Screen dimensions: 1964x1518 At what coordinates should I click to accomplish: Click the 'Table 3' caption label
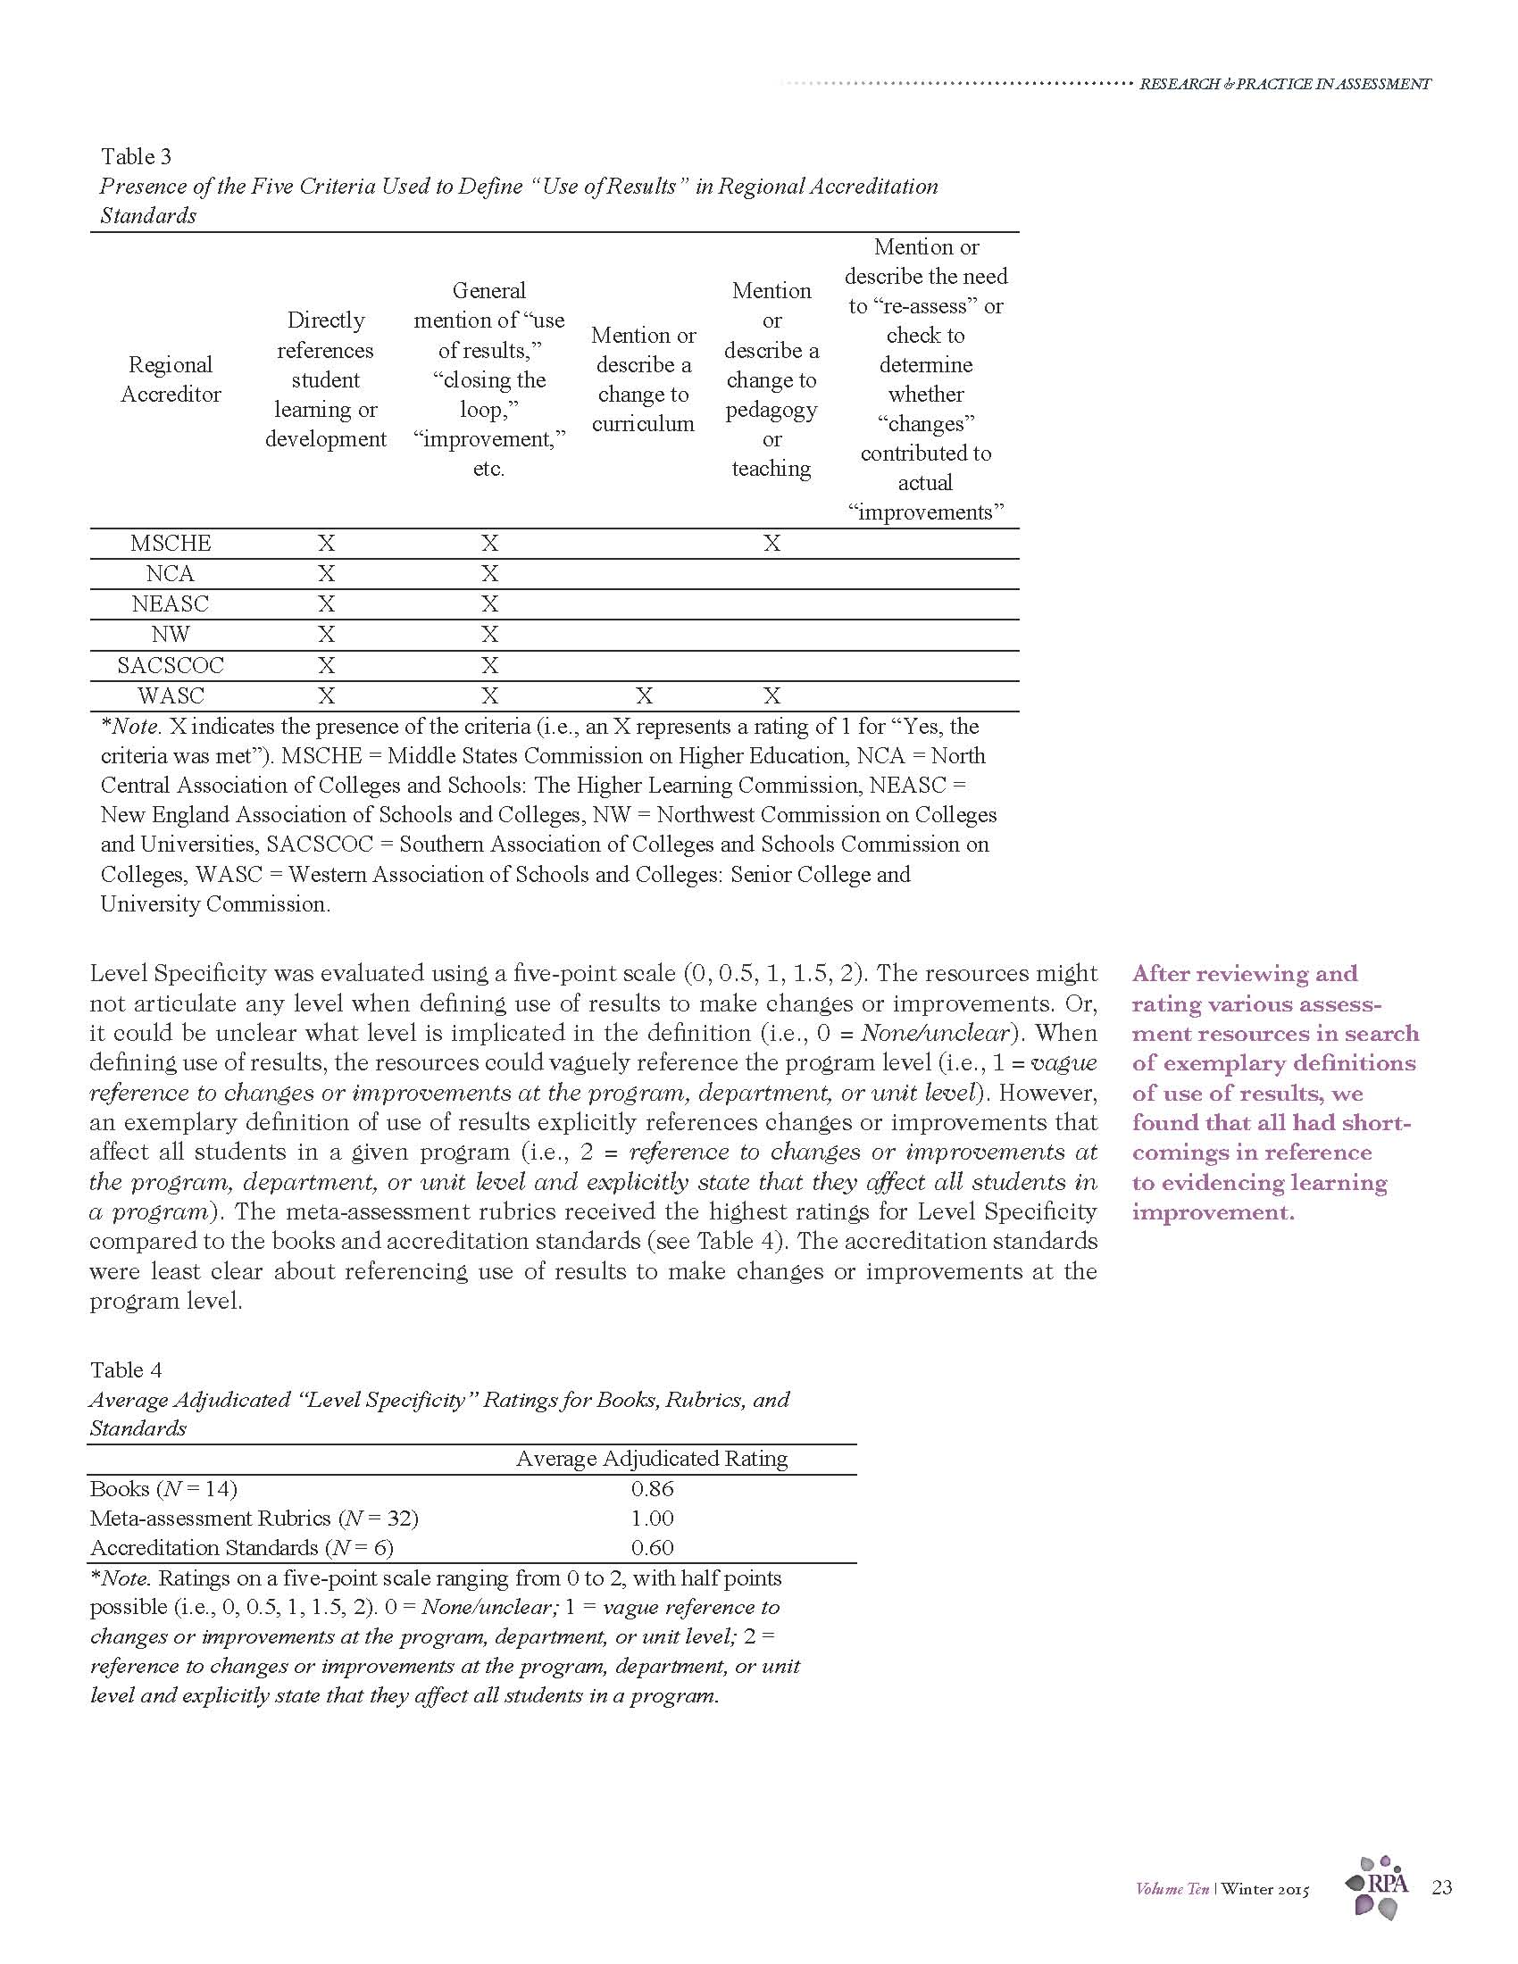(136, 156)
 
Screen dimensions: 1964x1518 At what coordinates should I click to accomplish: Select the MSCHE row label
(171, 543)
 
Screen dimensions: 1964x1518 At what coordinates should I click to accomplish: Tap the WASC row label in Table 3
(171, 695)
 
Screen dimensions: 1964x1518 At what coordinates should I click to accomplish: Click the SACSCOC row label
(171, 665)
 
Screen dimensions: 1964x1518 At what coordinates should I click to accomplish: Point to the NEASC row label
(171, 603)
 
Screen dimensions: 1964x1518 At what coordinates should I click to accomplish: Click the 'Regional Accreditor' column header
(171, 379)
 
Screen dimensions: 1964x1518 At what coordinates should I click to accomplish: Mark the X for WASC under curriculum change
(644, 696)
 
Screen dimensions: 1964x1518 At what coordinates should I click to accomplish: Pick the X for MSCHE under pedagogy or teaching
(772, 543)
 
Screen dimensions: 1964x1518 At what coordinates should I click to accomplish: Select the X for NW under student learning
(327, 635)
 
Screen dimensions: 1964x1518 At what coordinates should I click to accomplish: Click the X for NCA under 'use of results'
(489, 574)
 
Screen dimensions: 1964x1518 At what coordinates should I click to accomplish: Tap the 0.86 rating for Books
(652, 1488)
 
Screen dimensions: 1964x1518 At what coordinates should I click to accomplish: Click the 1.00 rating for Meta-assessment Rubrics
(652, 1518)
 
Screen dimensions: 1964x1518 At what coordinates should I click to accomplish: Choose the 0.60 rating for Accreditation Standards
(652, 1548)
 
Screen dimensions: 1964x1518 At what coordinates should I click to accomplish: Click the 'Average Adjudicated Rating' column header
(652, 1458)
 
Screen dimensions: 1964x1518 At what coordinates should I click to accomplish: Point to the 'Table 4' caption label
(126, 1369)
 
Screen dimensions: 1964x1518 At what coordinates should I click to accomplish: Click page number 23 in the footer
(1441, 1886)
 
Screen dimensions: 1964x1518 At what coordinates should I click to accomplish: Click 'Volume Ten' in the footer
(1172, 1888)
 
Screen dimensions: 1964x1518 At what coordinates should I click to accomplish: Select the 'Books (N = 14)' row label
(163, 1488)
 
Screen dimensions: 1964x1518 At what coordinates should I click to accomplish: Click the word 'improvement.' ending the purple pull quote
(1214, 1212)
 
